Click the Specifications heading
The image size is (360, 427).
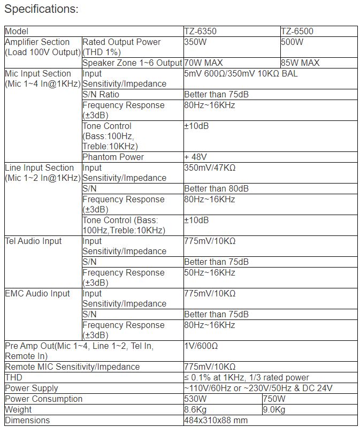tap(41, 9)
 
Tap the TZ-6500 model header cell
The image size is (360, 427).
tap(297, 32)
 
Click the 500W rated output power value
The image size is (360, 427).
tap(292, 42)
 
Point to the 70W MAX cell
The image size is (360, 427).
tap(203, 63)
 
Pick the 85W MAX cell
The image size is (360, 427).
tap(300, 63)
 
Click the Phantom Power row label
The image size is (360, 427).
tap(113, 157)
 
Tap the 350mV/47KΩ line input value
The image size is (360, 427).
tap(210, 168)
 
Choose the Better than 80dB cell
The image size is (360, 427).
tap(216, 189)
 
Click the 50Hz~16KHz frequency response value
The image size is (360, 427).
tap(209, 273)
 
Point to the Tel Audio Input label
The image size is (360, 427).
tap(33, 241)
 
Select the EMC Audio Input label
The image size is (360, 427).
tap(37, 294)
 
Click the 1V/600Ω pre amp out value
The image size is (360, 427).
tap(201, 346)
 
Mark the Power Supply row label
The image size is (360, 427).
tap(31, 388)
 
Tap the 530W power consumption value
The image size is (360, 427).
tap(195, 399)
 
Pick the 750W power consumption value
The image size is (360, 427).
tap(274, 399)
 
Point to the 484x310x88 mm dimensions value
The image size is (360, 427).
tap(216, 421)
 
